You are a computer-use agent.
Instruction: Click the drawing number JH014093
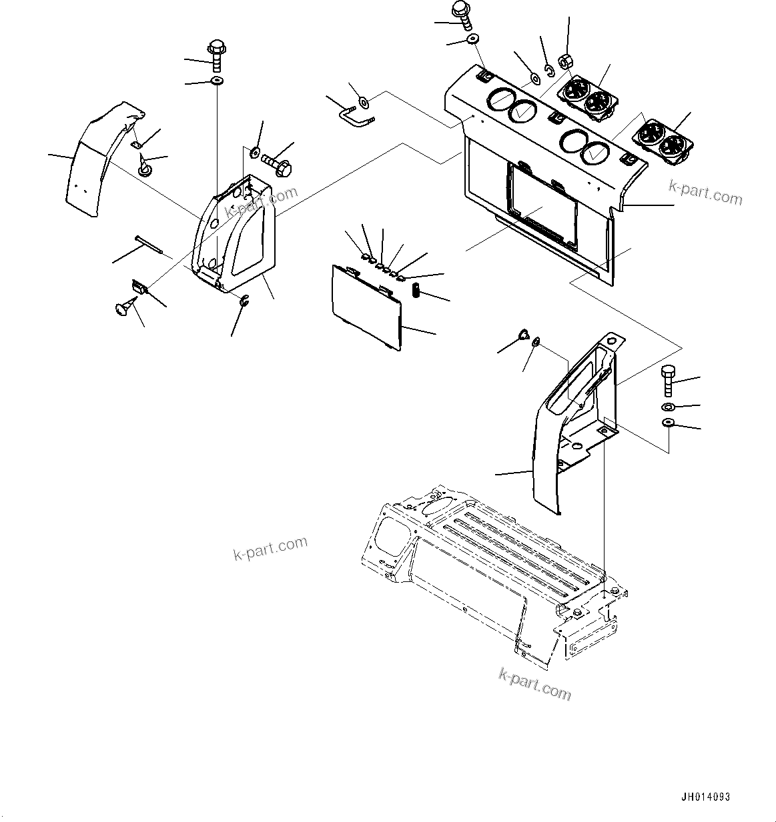pos(705,797)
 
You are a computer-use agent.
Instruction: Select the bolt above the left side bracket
pos(217,55)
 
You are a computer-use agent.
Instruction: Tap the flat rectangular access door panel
pos(366,306)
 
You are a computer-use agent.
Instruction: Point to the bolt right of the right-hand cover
pos(669,381)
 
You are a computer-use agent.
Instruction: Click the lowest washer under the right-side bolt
pos(669,423)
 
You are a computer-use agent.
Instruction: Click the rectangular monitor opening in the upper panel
pos(542,207)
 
